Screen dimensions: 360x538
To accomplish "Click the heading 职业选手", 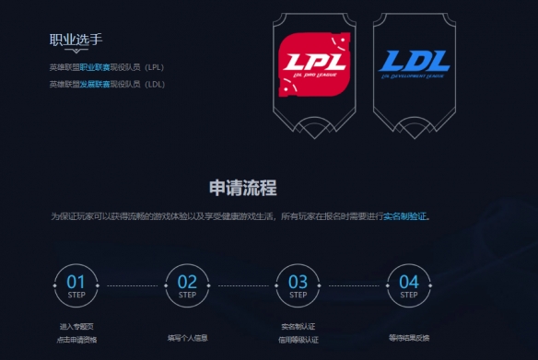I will [x=76, y=40].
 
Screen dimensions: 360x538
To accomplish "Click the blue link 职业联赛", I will [x=95, y=67].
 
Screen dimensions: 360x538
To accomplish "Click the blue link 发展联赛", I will [x=95, y=84].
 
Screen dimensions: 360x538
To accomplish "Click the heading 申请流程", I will [x=243, y=188].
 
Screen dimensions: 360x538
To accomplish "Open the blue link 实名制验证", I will [x=405, y=216].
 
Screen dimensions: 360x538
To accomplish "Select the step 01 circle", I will [x=76, y=285].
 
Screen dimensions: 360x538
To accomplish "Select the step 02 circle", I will [x=187, y=285].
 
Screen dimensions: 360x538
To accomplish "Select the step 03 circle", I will [x=298, y=285].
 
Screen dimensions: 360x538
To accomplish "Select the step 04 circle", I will [x=409, y=285].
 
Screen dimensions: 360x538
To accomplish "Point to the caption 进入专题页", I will [x=76, y=327].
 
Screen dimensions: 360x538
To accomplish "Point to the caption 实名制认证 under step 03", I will [x=298, y=327].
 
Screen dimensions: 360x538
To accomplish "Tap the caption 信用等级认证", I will [x=298, y=340].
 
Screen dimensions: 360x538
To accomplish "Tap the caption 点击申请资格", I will [x=76, y=340].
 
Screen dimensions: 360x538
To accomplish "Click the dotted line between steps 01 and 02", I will [x=132, y=285].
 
